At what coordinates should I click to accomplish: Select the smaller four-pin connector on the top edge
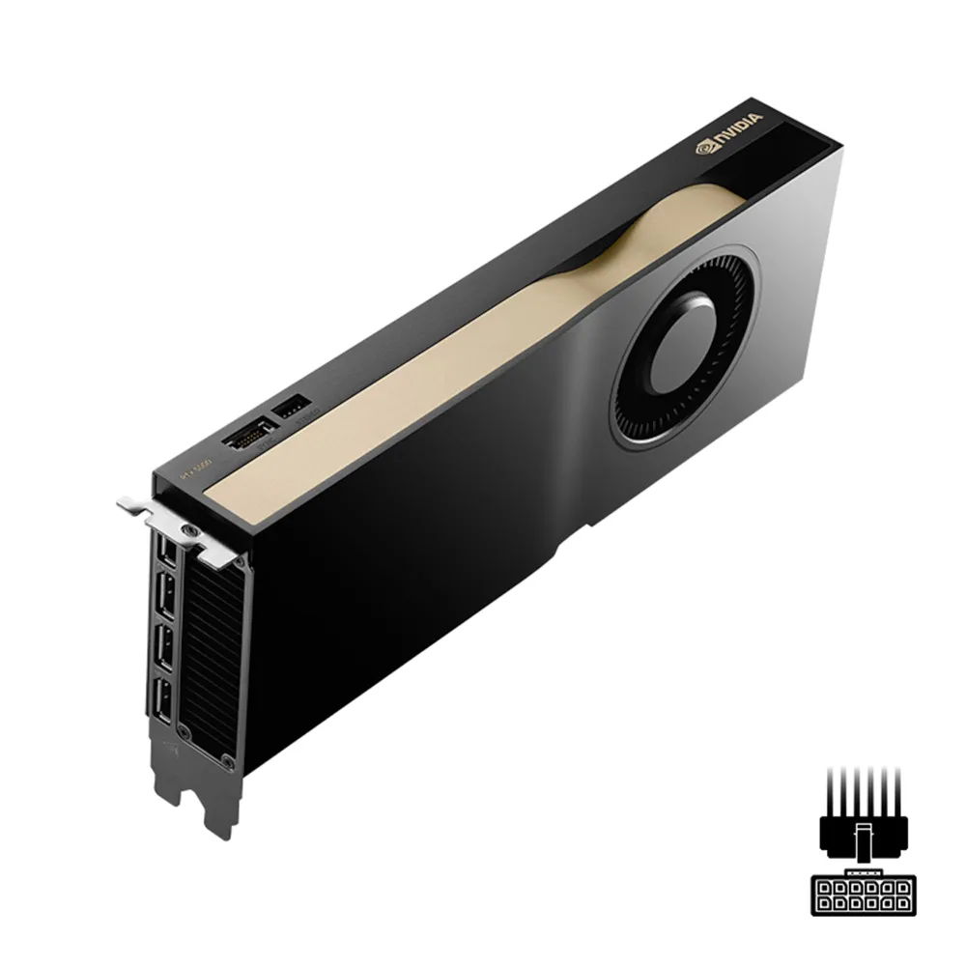click(292, 409)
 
